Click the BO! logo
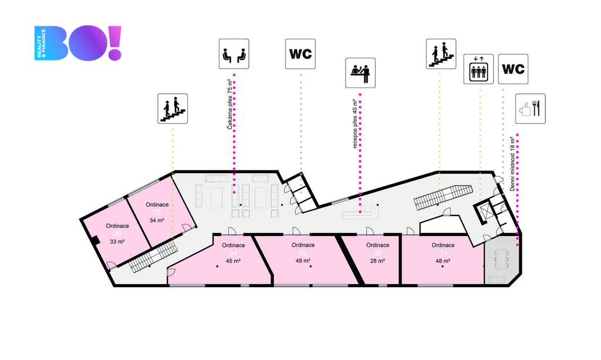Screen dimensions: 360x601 coord(78,43)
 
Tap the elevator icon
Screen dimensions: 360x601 coord(478,69)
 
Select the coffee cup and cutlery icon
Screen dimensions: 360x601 coord(531,109)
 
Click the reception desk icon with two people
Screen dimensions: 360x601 coord(360,73)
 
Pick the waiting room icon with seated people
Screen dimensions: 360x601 coord(234,54)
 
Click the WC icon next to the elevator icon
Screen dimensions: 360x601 coord(513,69)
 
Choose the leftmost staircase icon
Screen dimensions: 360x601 coord(173,109)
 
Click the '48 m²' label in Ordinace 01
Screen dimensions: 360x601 coord(443,261)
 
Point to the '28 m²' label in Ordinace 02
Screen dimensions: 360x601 coord(377,261)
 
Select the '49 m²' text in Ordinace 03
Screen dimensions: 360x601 coord(303,261)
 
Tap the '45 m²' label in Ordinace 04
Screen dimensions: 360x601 coord(234,261)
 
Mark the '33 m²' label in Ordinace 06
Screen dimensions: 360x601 coord(117,241)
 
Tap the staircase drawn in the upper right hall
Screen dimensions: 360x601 coord(443,196)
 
